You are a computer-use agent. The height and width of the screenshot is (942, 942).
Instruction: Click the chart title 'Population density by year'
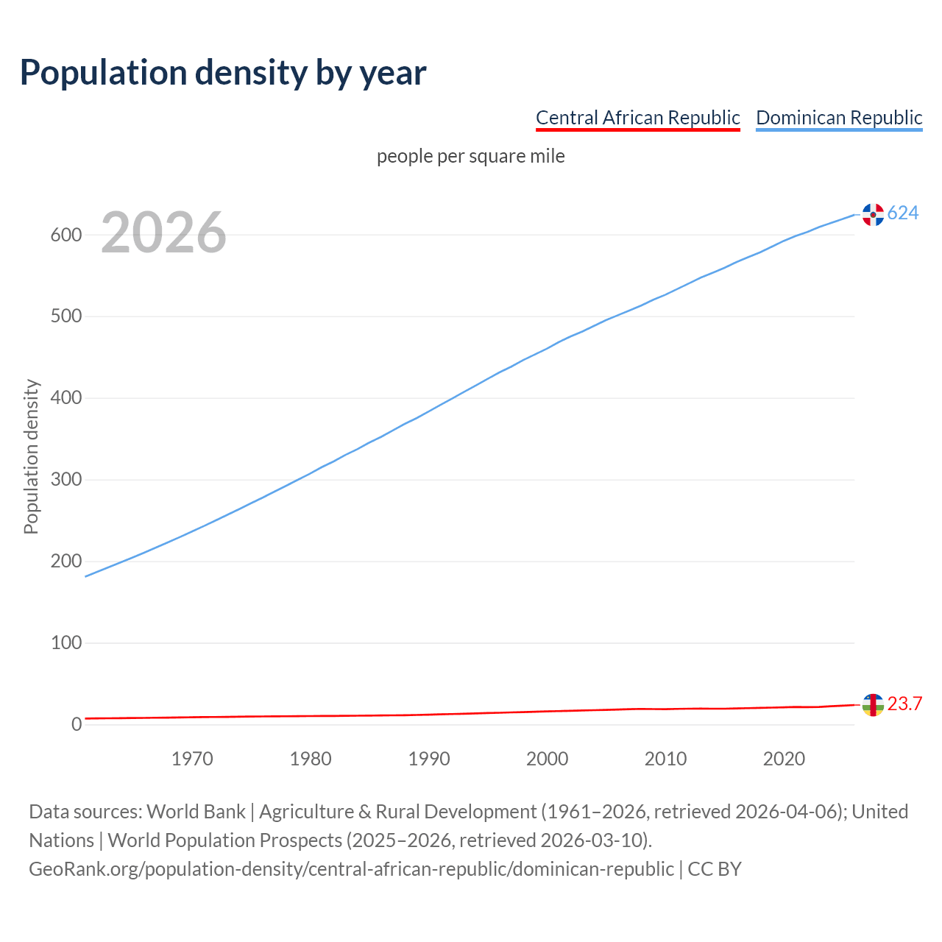[223, 73]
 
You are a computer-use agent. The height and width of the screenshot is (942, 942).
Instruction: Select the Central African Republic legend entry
[637, 118]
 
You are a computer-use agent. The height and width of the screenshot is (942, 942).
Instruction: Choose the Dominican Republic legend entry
[839, 118]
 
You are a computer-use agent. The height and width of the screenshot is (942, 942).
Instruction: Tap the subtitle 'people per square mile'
[471, 157]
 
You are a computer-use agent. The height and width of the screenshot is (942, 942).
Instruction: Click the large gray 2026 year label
[163, 233]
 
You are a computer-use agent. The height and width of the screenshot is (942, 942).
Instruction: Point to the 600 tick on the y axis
[65, 235]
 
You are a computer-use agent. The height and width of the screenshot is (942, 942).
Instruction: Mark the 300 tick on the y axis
[65, 480]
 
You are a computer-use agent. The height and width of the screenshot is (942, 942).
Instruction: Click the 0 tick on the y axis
[77, 725]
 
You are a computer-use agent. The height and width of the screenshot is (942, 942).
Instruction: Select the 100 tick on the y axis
[65, 643]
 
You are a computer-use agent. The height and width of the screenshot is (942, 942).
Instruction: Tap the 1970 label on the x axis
[192, 759]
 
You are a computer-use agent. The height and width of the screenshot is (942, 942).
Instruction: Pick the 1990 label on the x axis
[429, 759]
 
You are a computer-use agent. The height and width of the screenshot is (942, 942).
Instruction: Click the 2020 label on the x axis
[784, 759]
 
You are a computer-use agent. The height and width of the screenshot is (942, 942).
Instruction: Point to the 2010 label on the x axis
[665, 759]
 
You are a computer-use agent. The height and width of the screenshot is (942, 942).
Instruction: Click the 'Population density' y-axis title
[31, 456]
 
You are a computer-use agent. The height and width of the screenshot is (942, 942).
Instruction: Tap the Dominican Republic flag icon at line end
[873, 214]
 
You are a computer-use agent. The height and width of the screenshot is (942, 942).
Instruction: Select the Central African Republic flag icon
[873, 705]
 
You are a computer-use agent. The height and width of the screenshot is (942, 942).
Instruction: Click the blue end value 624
[903, 213]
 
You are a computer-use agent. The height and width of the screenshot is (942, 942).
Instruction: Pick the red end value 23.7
[904, 704]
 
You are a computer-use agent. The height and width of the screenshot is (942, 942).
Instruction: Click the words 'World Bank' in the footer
[196, 812]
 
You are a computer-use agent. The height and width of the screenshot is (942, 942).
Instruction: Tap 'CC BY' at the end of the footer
[715, 869]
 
